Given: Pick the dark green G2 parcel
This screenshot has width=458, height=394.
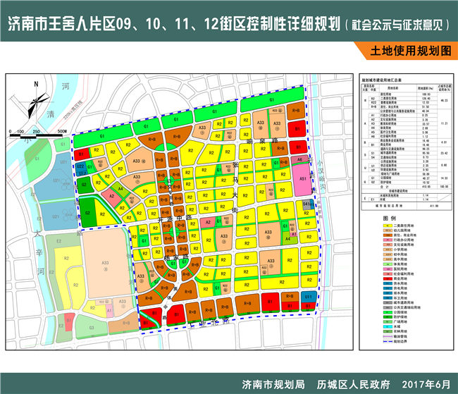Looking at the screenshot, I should pos(89,209).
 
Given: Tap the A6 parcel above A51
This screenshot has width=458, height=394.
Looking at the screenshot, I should pos(300,160).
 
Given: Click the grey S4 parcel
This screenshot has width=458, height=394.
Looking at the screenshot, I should pos(305,204).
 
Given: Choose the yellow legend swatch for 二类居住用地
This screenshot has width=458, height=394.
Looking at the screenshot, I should pos(385,224).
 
